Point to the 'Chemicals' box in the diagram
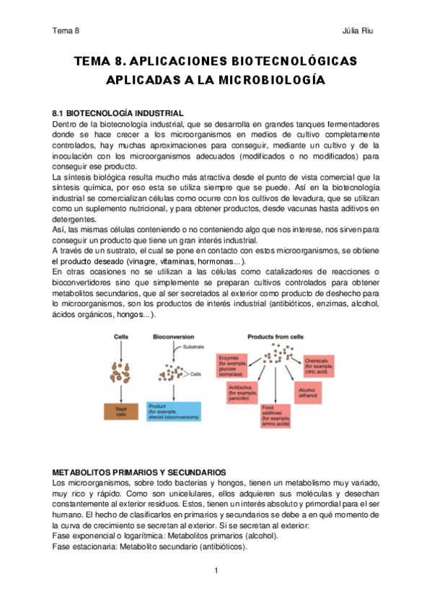322,363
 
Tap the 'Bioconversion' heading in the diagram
172,336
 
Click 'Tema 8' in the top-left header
66,31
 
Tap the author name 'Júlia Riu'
358,31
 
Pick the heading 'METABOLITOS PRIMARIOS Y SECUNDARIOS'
140,471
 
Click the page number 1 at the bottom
216,571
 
